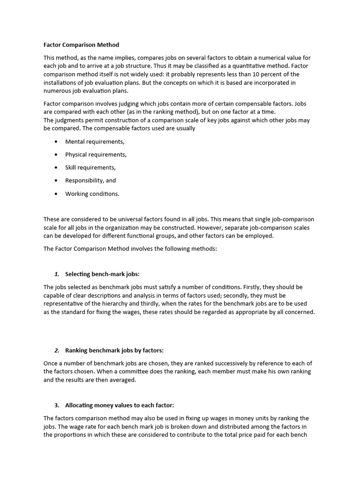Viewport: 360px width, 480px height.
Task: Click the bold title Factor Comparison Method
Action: pos(81,45)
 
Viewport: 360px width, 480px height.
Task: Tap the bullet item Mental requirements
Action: pos(95,142)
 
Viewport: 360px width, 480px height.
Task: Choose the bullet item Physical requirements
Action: pos(96,155)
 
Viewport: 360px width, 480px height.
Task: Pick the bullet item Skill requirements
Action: pos(90,167)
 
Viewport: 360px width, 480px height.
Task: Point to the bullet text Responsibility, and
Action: pos(90,180)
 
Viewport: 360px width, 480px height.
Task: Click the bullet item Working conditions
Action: pos(92,194)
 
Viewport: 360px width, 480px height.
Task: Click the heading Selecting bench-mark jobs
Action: pos(102,274)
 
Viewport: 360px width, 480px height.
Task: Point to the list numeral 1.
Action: pos(56,274)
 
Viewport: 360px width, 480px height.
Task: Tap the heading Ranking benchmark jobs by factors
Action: pos(114,351)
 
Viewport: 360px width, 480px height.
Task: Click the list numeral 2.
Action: pos(56,351)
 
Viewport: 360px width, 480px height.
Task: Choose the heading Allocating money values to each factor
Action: pos(120,405)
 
